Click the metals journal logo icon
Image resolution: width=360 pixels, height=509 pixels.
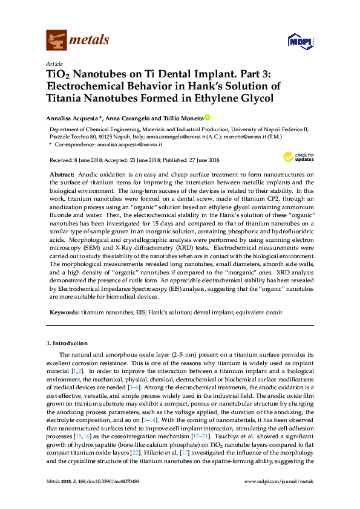56,40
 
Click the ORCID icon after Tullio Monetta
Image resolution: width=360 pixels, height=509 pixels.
208,118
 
